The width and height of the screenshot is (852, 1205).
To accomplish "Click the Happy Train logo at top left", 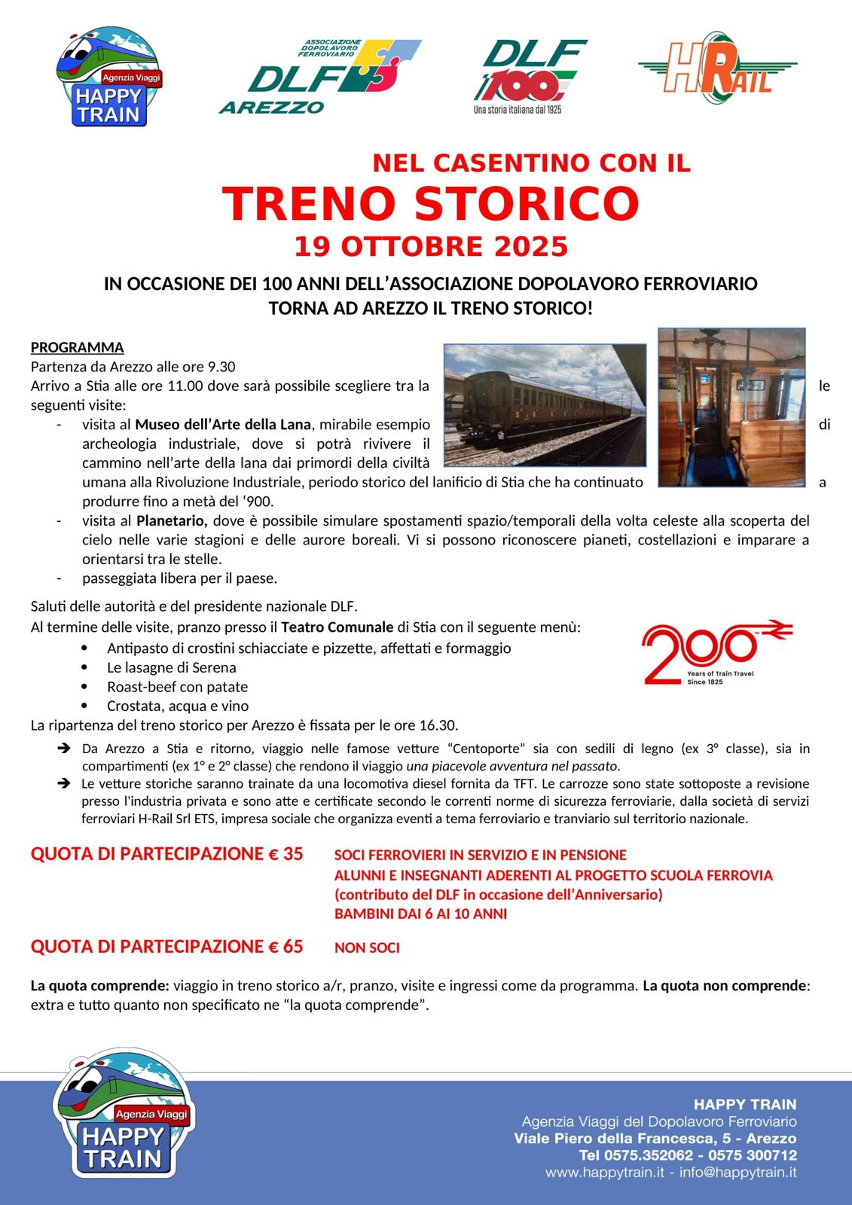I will coord(109,77).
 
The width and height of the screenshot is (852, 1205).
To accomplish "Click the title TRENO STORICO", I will coord(430,203).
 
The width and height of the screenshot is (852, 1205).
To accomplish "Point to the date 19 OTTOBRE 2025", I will coord(431,246).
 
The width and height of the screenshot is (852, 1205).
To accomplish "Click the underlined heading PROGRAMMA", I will coord(77,347).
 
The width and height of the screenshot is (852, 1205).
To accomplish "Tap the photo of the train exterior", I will coord(545,405).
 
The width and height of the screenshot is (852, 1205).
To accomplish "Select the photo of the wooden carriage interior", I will coord(731,407).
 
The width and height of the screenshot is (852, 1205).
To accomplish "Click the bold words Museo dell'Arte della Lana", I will coord(222,425).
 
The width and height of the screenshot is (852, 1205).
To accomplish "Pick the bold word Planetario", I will coord(171,520).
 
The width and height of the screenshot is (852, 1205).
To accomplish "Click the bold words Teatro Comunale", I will coord(337,627).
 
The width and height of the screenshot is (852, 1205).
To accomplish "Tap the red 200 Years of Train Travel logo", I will coord(716,651).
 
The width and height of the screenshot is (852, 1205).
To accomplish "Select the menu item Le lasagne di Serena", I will coord(172,667).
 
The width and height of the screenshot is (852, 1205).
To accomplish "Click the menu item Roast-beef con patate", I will coord(177,687).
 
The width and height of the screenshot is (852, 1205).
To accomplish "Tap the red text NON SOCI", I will coord(367,947).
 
